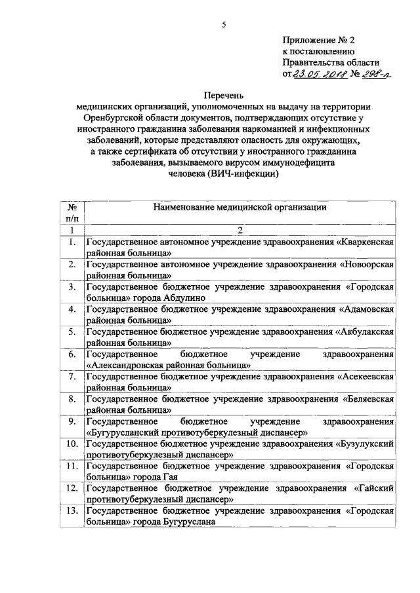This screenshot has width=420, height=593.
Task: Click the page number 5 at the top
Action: coord(224,24)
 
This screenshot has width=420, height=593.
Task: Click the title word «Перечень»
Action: coord(223,97)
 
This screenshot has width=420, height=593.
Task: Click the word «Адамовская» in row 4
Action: coord(367,309)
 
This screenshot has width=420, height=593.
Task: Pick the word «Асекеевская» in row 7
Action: coord(366,377)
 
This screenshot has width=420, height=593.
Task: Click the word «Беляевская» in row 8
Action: coord(369,399)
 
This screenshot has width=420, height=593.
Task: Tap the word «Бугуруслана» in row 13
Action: coord(187,522)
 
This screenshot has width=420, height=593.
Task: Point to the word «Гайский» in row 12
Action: coord(377,489)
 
